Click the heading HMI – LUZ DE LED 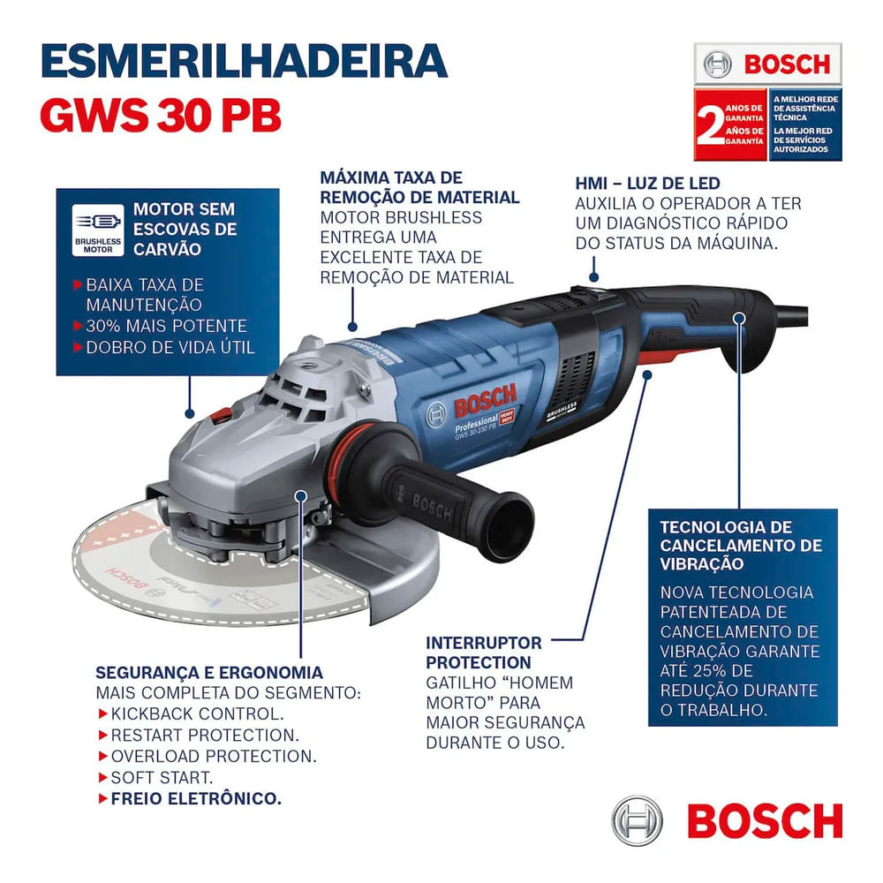coord(647,184)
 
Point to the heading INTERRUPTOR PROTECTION coord(484,653)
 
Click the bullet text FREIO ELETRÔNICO coord(196,798)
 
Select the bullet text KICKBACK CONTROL coord(197,713)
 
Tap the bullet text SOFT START coord(162,777)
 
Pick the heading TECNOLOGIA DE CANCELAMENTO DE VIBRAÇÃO coord(740,545)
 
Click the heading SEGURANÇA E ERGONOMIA coord(208,672)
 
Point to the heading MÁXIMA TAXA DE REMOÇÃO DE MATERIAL coord(419,188)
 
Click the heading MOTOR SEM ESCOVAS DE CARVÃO coord(185,230)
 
